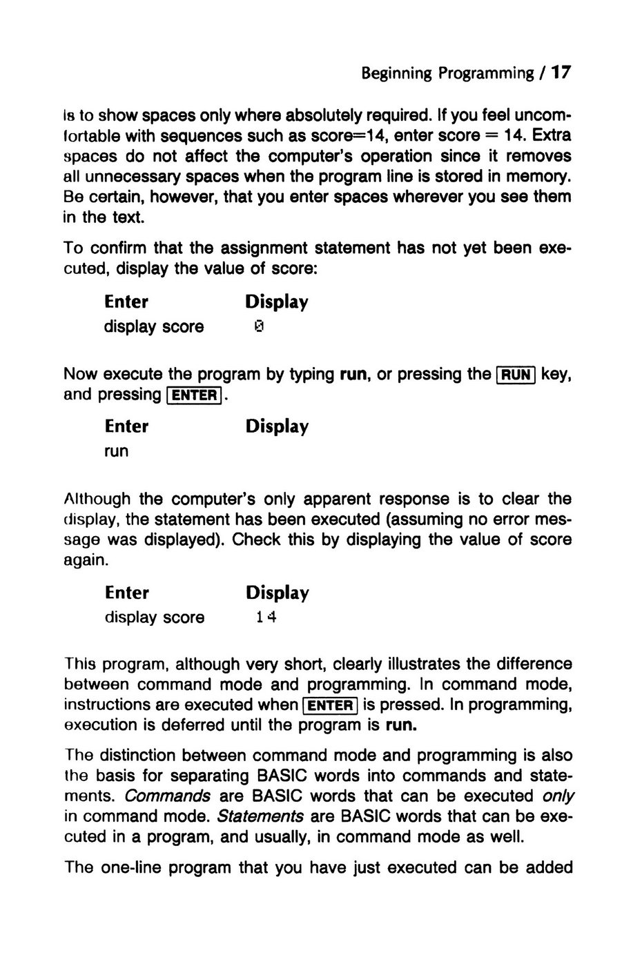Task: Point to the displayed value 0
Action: click(x=259, y=326)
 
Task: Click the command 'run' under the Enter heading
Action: click(x=117, y=451)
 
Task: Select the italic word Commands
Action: click(x=168, y=796)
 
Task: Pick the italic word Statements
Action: click(x=260, y=816)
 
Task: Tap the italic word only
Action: click(x=558, y=796)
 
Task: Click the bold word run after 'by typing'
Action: click(x=354, y=375)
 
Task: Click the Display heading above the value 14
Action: click(x=277, y=593)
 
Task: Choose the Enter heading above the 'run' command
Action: click(x=126, y=426)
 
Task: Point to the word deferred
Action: click(x=193, y=726)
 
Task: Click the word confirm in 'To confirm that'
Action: click(x=118, y=248)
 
